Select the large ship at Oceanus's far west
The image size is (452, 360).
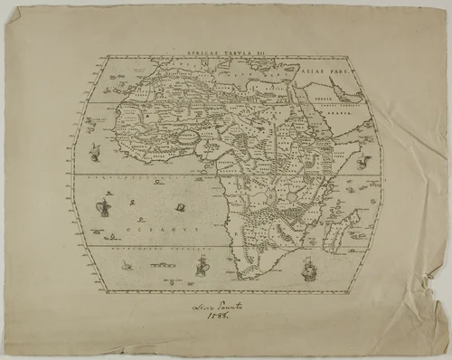point(104,208)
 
